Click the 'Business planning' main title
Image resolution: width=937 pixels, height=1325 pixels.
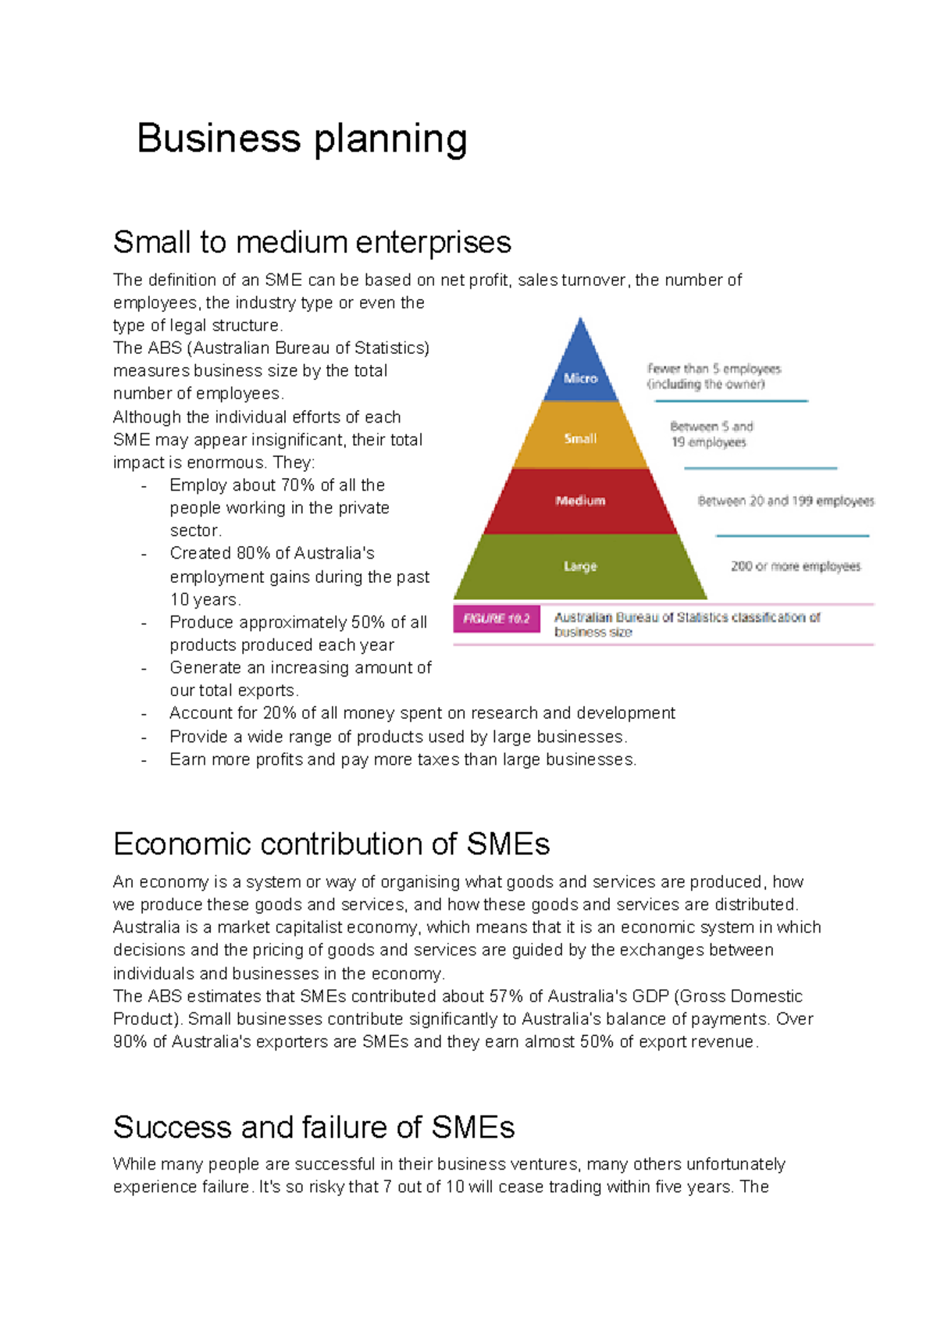point(301,139)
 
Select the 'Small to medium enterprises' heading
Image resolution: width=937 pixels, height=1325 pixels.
point(312,242)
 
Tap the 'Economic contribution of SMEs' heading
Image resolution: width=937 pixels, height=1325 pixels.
point(331,845)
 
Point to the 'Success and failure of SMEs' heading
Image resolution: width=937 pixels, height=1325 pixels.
point(313,1127)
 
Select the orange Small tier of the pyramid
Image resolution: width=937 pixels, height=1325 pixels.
point(580,438)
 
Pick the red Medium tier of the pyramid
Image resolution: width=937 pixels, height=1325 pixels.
point(580,501)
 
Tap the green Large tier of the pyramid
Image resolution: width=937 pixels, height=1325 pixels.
point(580,566)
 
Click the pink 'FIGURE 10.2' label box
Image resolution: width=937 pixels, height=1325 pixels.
point(497,619)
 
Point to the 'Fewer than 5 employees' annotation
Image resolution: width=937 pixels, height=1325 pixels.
point(713,376)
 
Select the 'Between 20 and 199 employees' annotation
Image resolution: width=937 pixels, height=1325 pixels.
point(786,501)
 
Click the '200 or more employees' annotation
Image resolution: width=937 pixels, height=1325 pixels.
point(795,566)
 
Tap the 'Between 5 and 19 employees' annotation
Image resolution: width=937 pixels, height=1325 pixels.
point(711,434)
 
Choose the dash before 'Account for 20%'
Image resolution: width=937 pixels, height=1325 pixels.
point(144,713)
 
